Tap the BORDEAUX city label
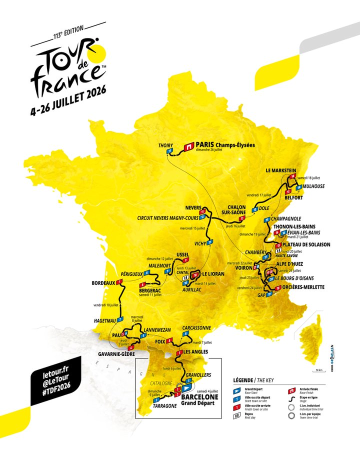point(103,283)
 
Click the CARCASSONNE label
point(197,328)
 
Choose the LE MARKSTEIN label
point(282,170)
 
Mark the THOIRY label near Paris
point(165,145)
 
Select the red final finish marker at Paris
point(189,147)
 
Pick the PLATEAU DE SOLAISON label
point(306,244)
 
